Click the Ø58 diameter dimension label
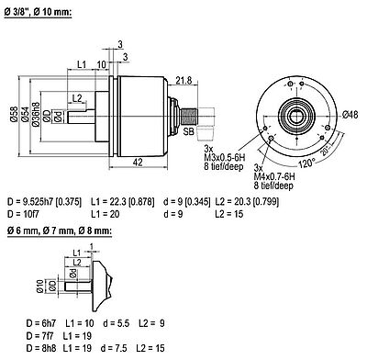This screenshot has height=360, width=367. coord(14,115)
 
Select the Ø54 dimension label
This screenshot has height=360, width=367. coord(26,115)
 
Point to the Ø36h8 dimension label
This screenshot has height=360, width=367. coord(36,114)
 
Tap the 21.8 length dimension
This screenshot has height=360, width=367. coord(183,81)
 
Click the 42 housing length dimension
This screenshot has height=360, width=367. coord(138,162)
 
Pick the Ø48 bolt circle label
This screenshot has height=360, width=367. coord(350,115)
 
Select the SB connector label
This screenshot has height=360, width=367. coord(189,131)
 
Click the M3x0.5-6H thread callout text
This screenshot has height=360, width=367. coord(225,158)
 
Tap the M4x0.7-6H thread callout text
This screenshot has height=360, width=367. coord(274,176)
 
